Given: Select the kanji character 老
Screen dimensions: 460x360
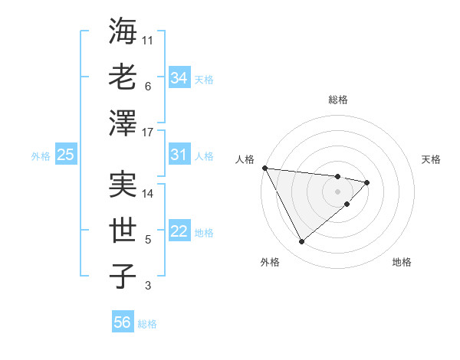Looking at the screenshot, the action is click(x=123, y=77).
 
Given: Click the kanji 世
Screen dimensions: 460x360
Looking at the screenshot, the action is click(x=123, y=231).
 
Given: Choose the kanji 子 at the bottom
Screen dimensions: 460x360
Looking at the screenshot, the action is click(x=123, y=277).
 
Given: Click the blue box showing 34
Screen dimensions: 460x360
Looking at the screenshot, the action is click(x=179, y=77).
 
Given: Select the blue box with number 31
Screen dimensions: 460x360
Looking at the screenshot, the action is click(x=179, y=155).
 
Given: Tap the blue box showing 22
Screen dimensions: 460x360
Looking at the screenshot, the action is click(x=179, y=231).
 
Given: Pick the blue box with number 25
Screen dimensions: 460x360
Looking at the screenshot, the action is click(x=65, y=155).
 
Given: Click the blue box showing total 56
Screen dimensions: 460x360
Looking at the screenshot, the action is click(x=123, y=322).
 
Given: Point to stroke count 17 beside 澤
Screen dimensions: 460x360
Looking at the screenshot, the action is click(x=149, y=133).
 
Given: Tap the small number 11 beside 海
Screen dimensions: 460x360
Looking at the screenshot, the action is click(x=149, y=39).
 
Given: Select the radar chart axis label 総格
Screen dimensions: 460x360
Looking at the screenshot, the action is click(x=338, y=100).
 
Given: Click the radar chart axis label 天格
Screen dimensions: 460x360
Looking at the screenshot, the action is click(x=431, y=159).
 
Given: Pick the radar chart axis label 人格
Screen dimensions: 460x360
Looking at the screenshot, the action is click(x=245, y=159).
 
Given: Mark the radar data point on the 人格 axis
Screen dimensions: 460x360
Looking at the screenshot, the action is click(x=264, y=168).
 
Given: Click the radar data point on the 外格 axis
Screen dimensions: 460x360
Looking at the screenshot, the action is click(x=301, y=241).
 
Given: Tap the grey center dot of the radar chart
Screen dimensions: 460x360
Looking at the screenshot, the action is click(x=338, y=191).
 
